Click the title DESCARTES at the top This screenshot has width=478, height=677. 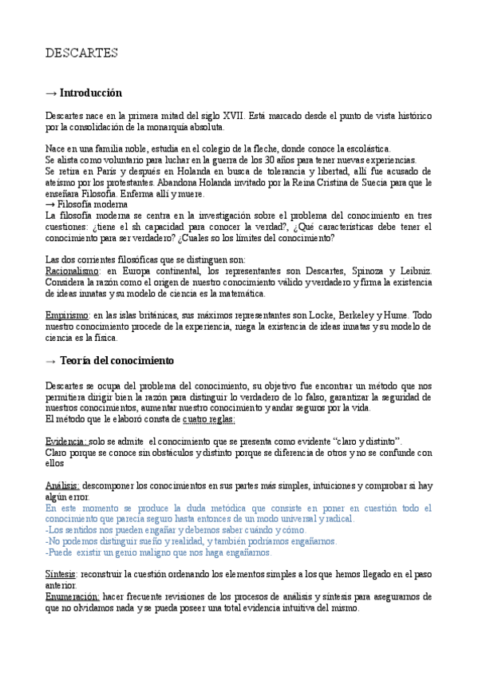[82, 53]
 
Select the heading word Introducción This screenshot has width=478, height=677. [91, 93]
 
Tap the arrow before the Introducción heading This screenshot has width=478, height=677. [51, 93]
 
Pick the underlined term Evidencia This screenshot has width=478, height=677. [65, 441]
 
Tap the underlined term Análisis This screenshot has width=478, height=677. [61, 485]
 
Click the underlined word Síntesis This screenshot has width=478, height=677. [61, 574]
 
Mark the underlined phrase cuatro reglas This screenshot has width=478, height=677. [208, 419]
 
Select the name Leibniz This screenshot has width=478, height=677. [413, 271]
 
